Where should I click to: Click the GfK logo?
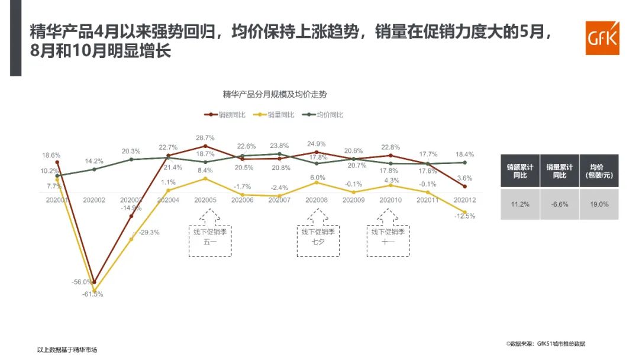point(602,38)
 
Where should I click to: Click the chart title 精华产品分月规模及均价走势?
point(275,94)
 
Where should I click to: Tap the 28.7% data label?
point(205,138)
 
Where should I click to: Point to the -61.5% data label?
point(93,294)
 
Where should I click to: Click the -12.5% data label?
point(465,216)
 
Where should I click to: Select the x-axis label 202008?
point(317,200)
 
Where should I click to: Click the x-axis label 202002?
point(93,200)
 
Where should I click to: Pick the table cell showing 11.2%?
point(519,204)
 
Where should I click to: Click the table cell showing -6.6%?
point(559,204)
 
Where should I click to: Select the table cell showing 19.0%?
point(599,204)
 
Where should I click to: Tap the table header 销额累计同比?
point(519,171)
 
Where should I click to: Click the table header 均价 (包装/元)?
point(599,171)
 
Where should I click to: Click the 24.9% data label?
point(317,144)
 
